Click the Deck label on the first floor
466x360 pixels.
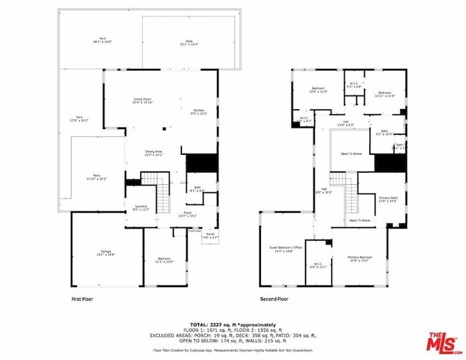click(189, 42)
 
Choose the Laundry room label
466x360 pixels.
click(141, 208)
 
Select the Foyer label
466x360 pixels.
click(186, 214)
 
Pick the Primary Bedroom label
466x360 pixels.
click(360, 258)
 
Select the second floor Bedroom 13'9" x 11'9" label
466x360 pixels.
click(318, 90)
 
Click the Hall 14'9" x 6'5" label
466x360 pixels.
click(346, 124)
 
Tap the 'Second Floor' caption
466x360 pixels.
click(274, 298)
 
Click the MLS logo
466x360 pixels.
click(444, 343)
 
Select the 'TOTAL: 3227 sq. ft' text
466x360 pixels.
click(233, 324)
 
